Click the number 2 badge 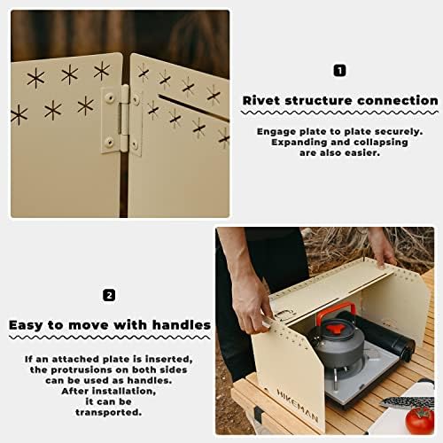(109, 295)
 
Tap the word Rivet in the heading (266, 101)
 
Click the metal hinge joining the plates (121, 120)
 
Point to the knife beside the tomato (408, 401)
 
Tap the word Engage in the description (277, 129)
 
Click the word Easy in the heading (31, 325)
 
